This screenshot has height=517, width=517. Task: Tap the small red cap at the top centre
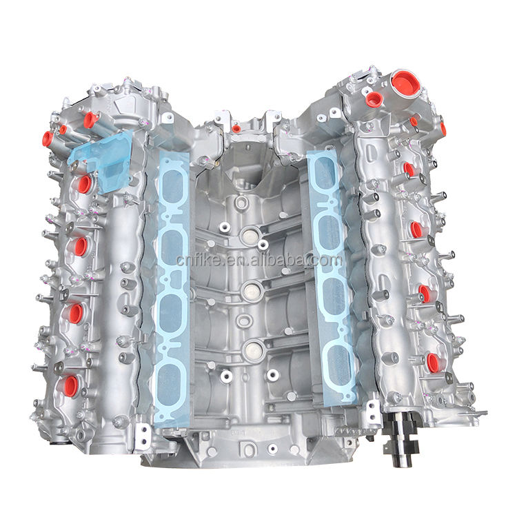[x=235, y=129]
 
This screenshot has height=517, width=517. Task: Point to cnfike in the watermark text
[x=199, y=260]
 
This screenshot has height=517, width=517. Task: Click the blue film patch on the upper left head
[x=101, y=161]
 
